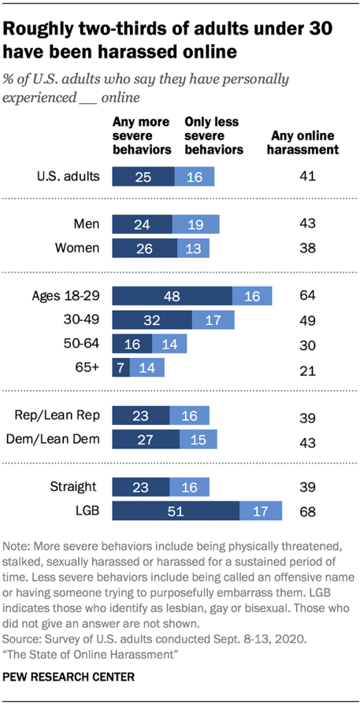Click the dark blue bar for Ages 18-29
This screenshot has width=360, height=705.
172,296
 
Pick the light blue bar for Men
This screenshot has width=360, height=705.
195,224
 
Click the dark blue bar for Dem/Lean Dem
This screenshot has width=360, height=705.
145,439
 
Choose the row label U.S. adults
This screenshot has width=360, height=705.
67,176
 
